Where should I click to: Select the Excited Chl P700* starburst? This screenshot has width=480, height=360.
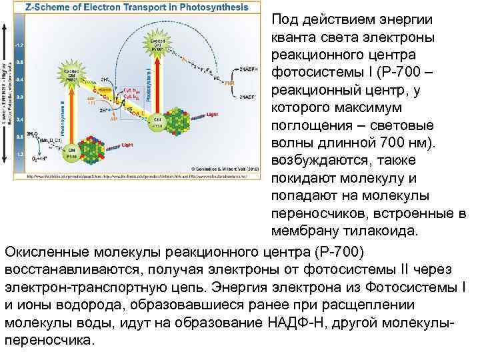coord(157,45)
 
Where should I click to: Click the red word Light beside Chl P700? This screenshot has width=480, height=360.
coord(211,114)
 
